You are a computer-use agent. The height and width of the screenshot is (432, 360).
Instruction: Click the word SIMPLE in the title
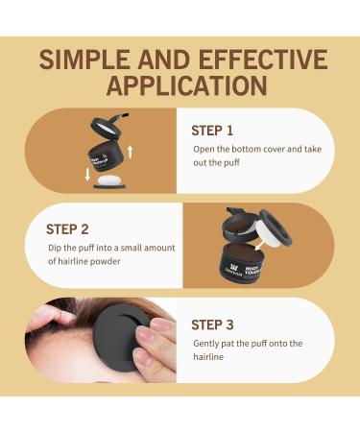tap(83, 59)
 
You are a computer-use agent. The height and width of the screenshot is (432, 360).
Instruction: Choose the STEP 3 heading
tap(214, 324)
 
